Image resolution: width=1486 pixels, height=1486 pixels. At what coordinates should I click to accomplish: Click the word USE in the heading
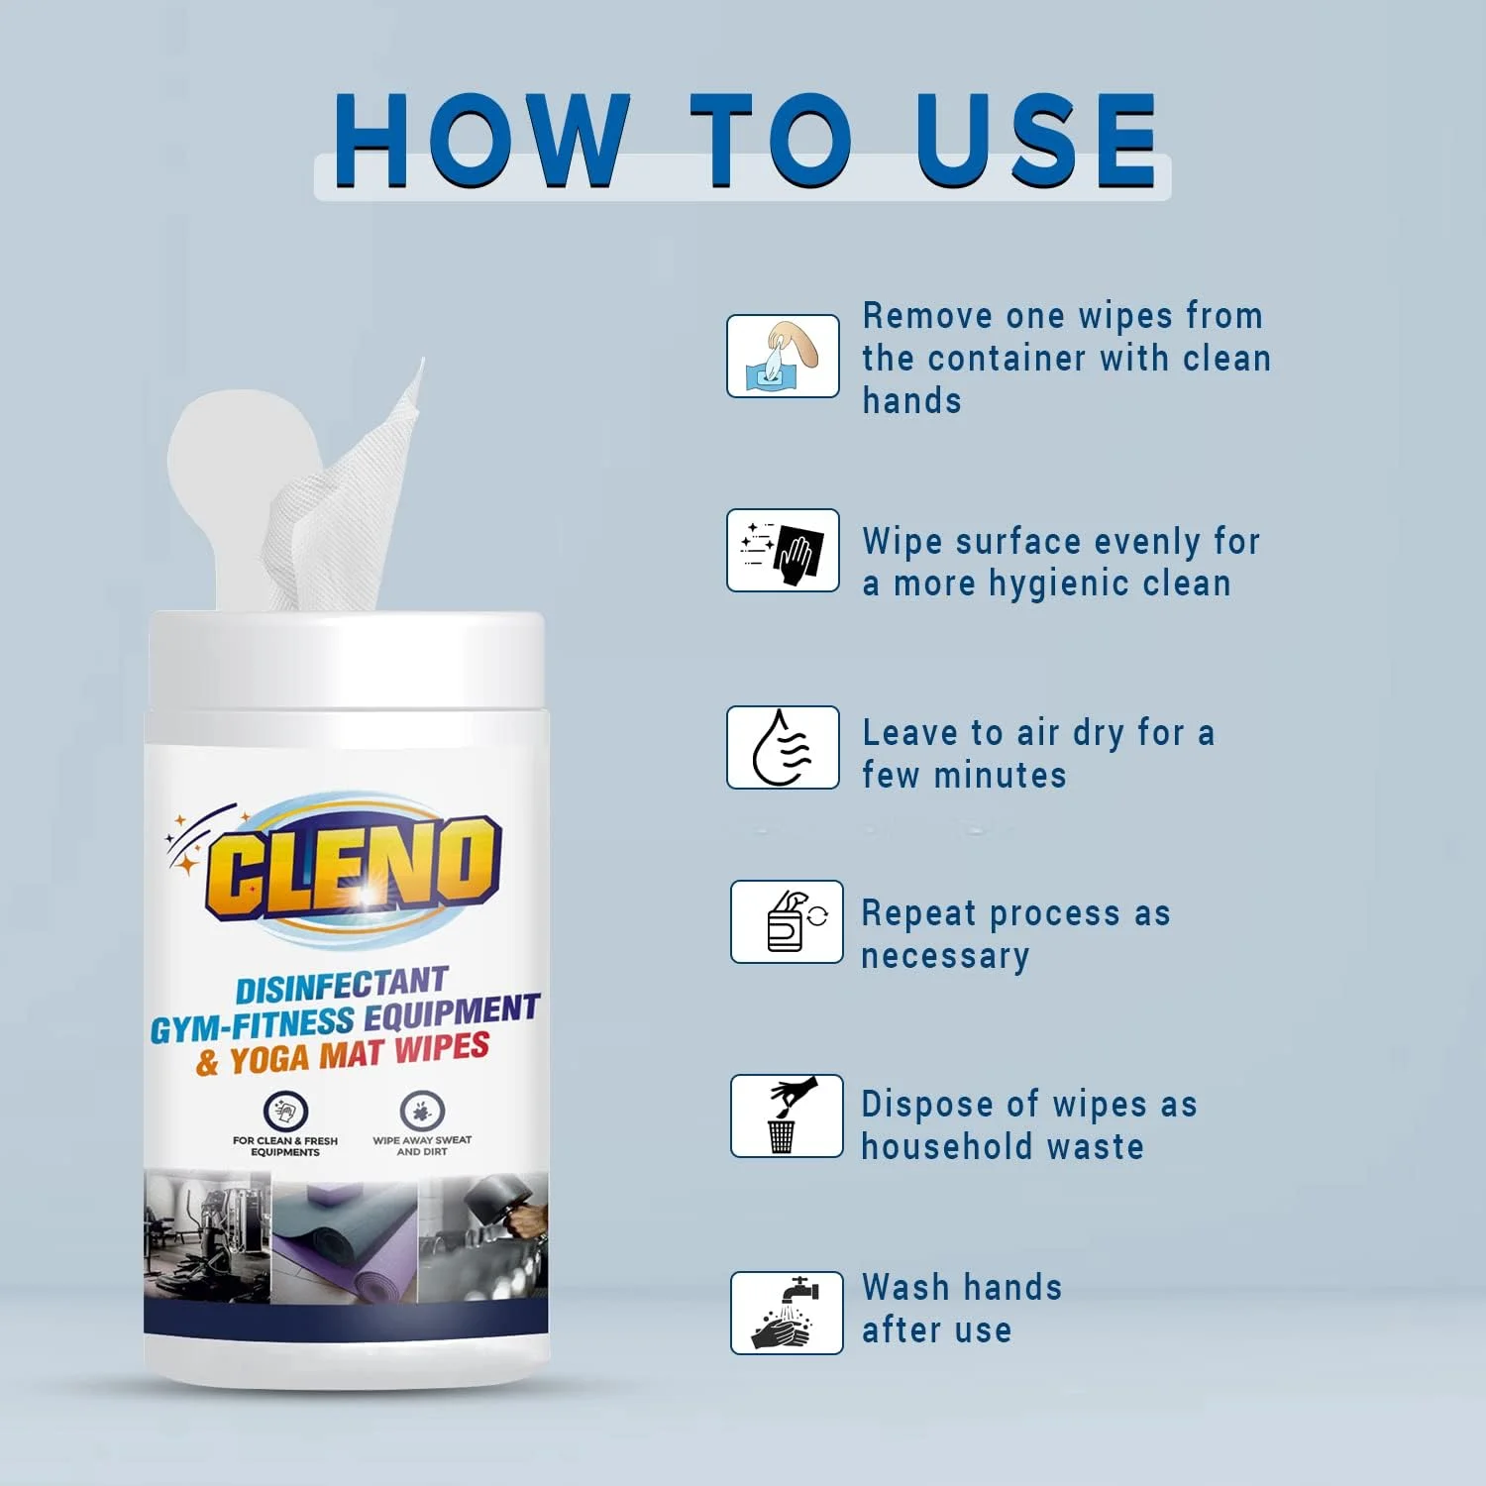pos(1035,141)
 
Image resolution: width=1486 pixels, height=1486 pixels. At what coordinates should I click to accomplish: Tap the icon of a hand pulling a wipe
pos(783,357)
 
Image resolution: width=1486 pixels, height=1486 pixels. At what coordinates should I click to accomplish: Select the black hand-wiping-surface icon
pos(783,551)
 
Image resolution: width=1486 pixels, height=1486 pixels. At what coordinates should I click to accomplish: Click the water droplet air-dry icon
pos(783,748)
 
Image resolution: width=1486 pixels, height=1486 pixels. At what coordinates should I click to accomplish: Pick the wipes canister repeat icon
pos(787,921)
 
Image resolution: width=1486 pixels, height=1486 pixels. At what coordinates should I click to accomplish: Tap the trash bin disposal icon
pos(787,1115)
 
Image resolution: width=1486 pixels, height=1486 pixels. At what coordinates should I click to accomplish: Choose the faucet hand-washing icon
pos(787,1313)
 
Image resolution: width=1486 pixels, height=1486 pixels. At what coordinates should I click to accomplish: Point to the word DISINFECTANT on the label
pos(342,986)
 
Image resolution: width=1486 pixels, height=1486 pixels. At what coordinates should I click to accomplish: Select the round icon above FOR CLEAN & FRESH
pos(286,1112)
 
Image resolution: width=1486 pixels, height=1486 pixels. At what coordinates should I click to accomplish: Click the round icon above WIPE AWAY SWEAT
pos(422,1112)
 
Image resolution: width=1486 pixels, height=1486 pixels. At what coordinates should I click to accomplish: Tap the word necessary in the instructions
pos(945,957)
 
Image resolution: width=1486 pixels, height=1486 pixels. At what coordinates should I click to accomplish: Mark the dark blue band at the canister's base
pos(346,1315)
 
